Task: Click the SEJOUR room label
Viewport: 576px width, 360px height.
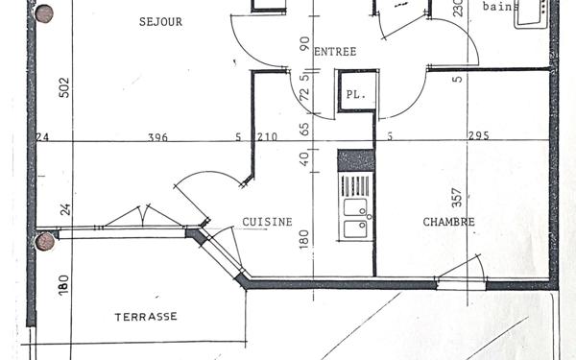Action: coord(160,21)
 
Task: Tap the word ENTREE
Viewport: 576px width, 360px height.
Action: coord(335,52)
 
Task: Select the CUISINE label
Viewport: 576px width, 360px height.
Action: coord(267,222)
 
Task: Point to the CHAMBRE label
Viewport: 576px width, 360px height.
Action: coord(448,222)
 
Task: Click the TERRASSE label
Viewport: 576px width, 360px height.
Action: coord(146,316)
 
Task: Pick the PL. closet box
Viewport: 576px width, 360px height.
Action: coord(355,95)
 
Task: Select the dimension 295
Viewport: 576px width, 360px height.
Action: coord(478,136)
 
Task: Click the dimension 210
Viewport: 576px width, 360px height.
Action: coord(267,137)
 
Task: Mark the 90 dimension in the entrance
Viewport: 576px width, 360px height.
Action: coord(304,43)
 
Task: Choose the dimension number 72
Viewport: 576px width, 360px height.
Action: coord(304,95)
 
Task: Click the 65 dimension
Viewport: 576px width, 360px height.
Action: coord(304,128)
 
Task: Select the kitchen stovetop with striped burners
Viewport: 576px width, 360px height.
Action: coord(355,184)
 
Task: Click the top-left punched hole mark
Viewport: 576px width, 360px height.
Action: coord(43,12)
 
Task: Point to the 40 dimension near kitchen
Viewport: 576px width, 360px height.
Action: coord(304,158)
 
